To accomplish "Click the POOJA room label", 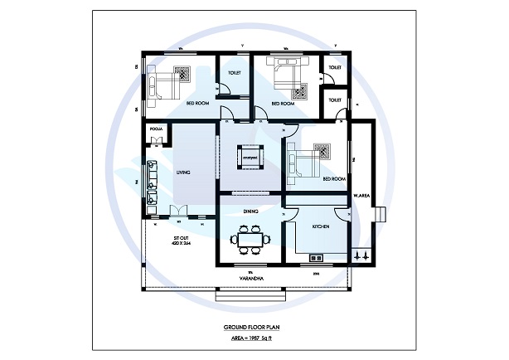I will point(155,130).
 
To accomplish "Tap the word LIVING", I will point(183,173).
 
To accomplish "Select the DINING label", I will point(251,212).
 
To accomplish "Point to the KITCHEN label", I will point(321,226).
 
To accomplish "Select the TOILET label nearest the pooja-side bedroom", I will point(234,73).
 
